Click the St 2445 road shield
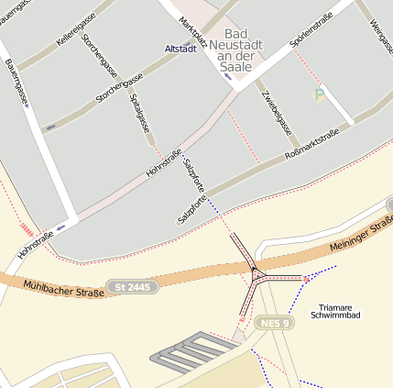tap(132, 287)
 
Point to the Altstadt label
tap(180, 49)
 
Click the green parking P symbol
tap(320, 94)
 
